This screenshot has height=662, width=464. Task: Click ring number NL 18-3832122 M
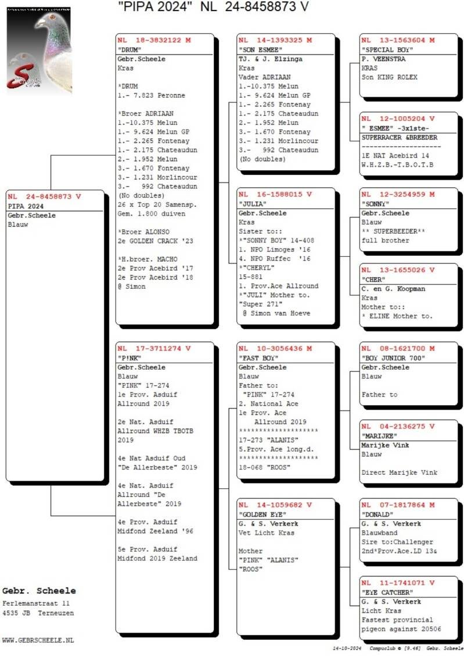[x=154, y=40]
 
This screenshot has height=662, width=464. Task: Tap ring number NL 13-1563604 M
[x=398, y=40]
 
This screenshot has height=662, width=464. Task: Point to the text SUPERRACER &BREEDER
[x=400, y=138]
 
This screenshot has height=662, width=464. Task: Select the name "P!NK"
[x=130, y=358]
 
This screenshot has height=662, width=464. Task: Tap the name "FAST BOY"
[x=257, y=358]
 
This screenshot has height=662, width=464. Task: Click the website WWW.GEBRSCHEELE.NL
[x=38, y=640]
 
